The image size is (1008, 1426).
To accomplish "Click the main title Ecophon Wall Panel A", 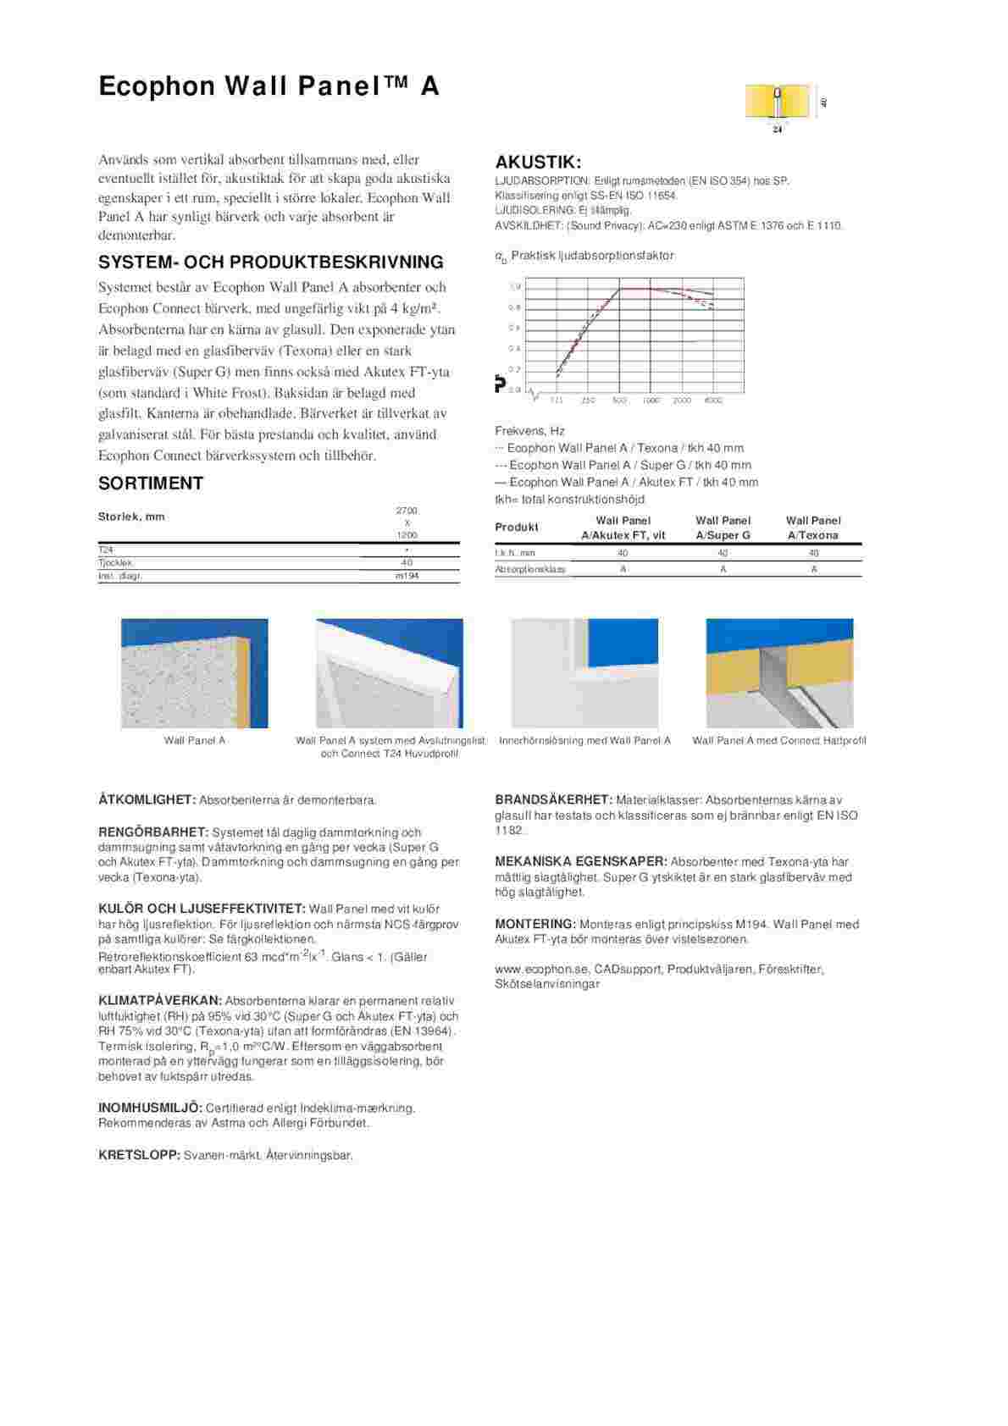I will point(269,86).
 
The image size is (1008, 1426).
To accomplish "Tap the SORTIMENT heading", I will point(151,484).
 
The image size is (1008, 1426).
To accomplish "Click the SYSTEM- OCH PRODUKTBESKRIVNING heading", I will point(271,262).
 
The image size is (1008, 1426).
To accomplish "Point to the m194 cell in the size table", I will point(407,576).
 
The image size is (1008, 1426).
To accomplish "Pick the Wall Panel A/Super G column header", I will point(723,528).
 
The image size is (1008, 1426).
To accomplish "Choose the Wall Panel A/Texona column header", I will point(812,528).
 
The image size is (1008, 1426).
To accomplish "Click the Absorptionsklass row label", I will point(530,569).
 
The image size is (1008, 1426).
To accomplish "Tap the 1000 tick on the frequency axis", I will point(651,401).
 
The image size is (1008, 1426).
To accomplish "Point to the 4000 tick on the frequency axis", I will point(713,401).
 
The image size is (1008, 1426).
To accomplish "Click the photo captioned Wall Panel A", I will point(194,673).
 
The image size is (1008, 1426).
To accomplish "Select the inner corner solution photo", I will point(584,673).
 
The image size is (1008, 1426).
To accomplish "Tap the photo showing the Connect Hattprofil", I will point(779,673).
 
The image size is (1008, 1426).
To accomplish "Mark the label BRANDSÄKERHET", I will point(553,799).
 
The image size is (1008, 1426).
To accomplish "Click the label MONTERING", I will point(535,924).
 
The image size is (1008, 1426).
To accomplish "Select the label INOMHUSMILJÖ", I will point(150,1108).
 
